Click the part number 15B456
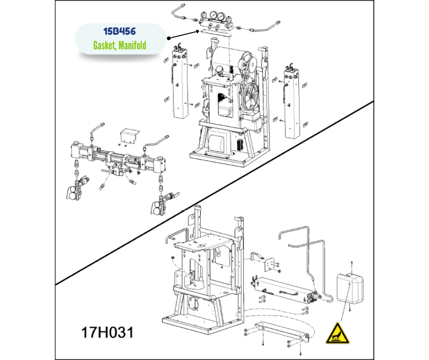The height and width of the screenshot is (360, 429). [x=120, y=31]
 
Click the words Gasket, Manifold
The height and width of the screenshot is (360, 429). [x=120, y=45]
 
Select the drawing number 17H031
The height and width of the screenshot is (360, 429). [x=107, y=332]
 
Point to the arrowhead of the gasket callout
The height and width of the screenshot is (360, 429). [x=198, y=32]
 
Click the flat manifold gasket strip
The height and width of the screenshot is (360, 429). [x=215, y=32]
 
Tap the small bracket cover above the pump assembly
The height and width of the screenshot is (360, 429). [x=130, y=135]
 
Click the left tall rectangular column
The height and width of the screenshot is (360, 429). [x=180, y=82]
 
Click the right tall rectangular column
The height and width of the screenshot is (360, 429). [x=292, y=103]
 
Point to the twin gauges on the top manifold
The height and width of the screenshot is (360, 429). [x=216, y=15]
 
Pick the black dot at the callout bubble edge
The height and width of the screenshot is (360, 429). [x=169, y=38]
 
